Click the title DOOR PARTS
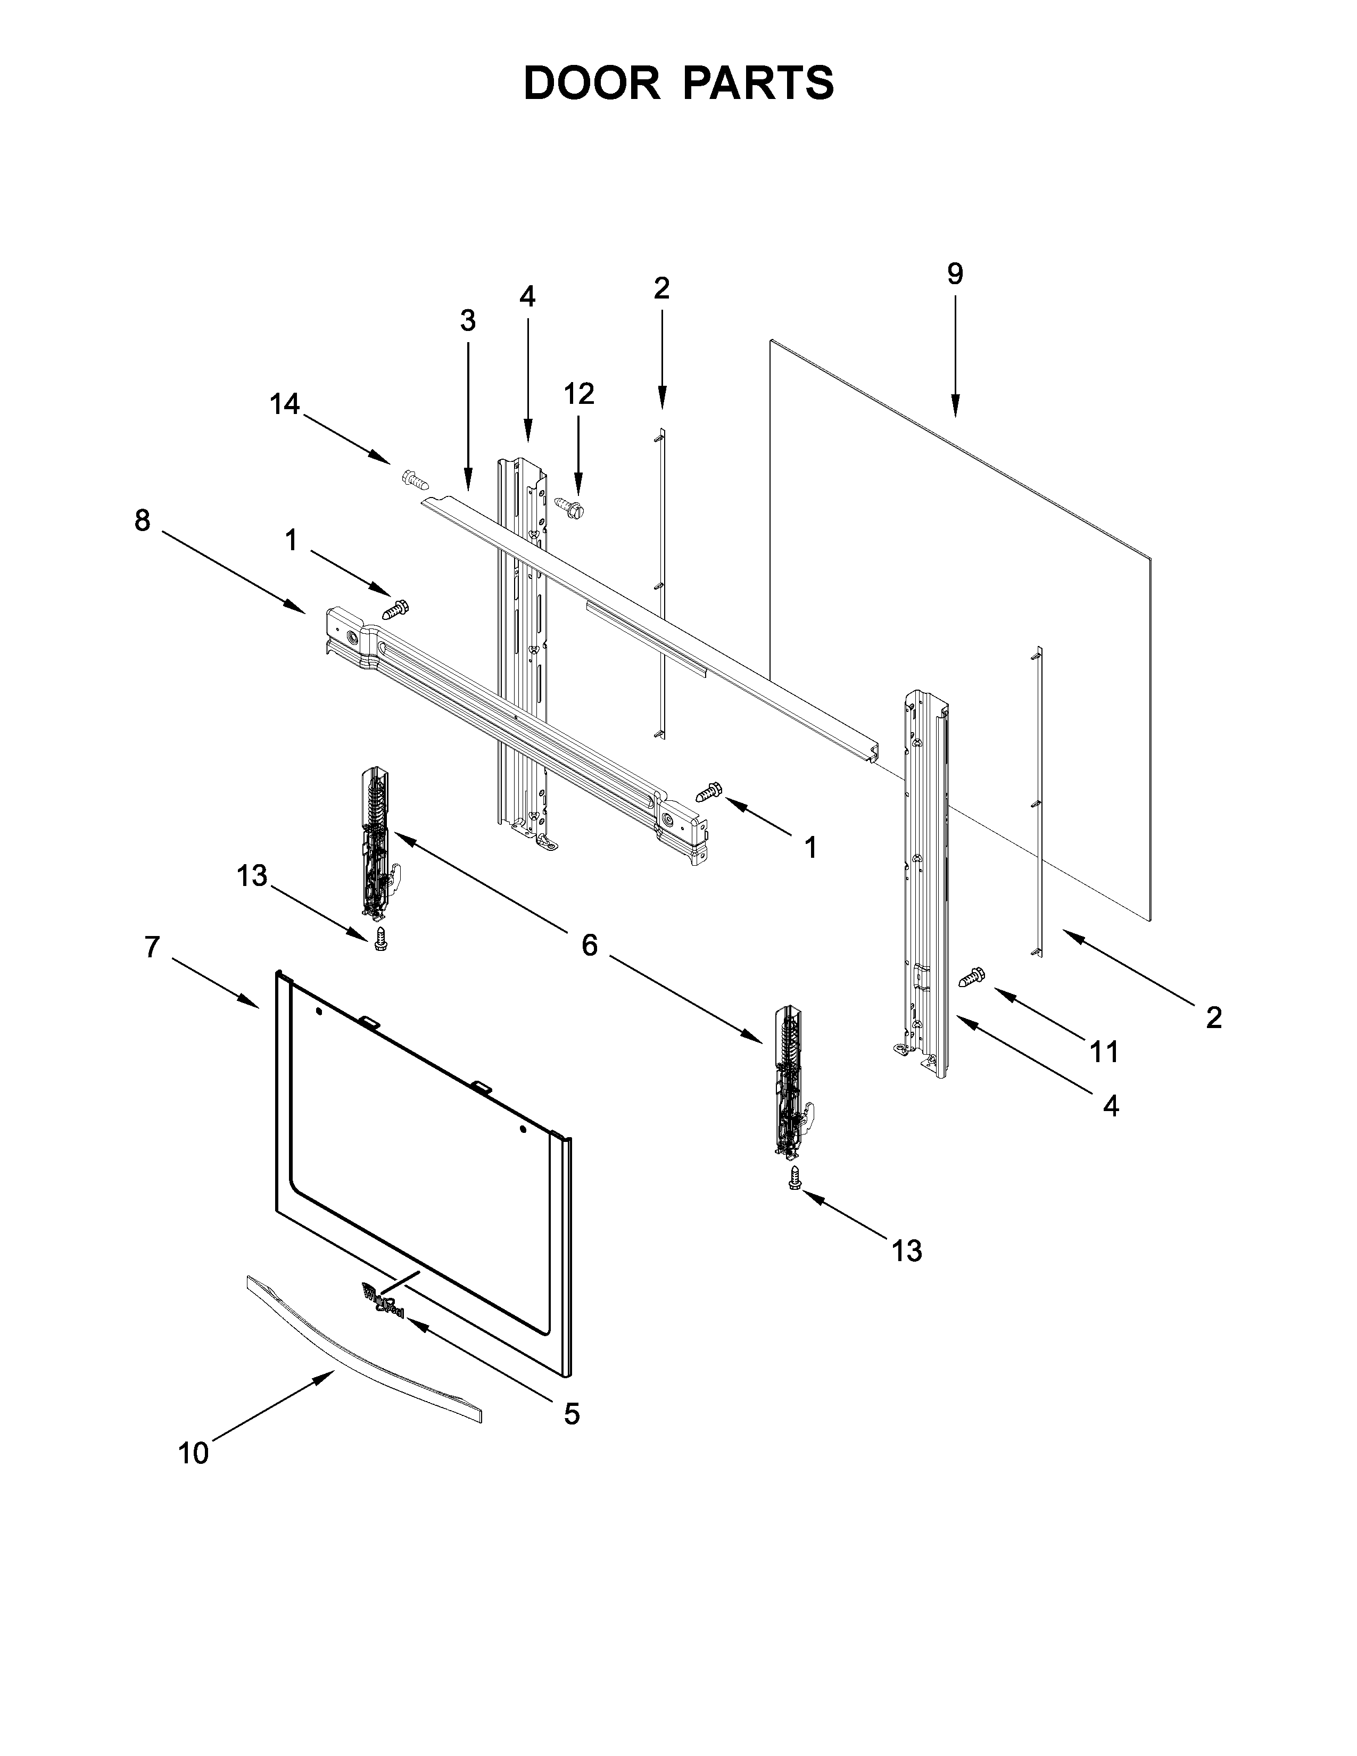(678, 83)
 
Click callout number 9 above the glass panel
(954, 274)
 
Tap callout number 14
(285, 404)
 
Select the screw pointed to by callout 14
(413, 480)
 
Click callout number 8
(142, 521)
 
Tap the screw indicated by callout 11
(973, 978)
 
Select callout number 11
(1104, 1051)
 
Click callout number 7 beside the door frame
(152, 948)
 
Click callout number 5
(571, 1413)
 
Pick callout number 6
(589, 946)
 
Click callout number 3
(467, 321)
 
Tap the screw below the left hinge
(381, 940)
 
